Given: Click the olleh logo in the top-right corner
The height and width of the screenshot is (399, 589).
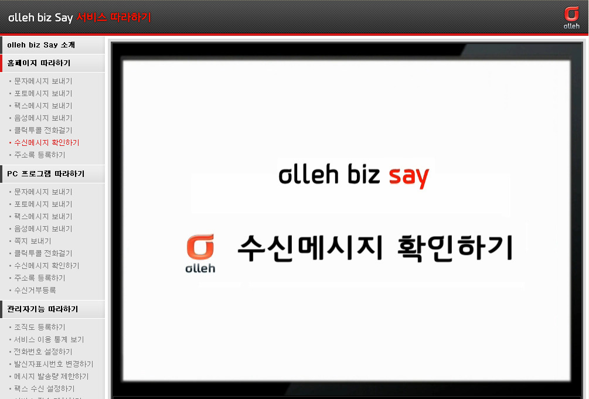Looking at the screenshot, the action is pos(571,18).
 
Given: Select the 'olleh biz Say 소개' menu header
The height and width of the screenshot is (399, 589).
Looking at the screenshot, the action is pos(41,45).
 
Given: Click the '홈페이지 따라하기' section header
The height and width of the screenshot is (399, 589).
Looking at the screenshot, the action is pos(39,63).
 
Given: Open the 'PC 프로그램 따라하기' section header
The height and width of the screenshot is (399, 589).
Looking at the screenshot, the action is pos(46,173).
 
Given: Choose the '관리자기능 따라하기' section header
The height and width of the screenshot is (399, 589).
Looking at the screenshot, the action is pos(42,309).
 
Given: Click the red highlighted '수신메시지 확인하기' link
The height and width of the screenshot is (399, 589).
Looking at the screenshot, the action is pos(46,142).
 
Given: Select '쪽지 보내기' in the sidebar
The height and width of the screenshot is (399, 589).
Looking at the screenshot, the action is pos(32,241).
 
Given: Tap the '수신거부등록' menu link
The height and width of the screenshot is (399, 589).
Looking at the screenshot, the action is pos(35,290).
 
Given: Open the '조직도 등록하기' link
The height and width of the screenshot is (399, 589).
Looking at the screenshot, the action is pos(39,327).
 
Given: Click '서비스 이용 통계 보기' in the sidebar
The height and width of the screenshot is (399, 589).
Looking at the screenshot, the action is pos(49,339).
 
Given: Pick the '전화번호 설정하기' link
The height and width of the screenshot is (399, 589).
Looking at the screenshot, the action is pos(43,352).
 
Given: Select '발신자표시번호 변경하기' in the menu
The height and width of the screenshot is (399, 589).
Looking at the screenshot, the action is pos(53,364).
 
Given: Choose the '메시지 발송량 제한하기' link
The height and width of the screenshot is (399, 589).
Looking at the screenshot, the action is pos(51,376).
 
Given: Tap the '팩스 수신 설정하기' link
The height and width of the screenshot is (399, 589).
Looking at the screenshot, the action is pos(45,388).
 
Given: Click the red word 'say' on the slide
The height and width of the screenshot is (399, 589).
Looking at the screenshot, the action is pos(408,176).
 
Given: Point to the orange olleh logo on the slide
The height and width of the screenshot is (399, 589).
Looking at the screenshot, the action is pos(200,254).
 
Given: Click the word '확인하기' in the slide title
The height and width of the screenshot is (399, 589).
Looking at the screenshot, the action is pos(455,248).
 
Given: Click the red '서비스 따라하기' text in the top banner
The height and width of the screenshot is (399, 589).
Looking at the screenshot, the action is pos(114,17).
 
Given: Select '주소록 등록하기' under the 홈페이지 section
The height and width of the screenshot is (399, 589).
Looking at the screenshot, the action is pos(39,155).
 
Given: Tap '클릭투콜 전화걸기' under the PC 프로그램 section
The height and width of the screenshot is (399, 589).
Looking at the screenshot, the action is pos(43,253).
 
